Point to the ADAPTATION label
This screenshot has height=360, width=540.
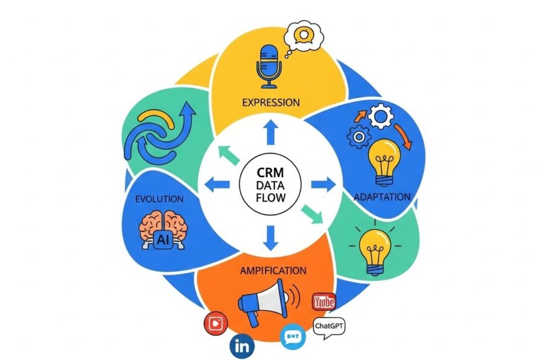coord(382,197)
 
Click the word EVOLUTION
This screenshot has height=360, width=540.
coord(158,200)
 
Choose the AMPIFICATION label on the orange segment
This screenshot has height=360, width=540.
coord(273,270)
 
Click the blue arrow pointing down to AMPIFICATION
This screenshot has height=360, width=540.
coord(270,237)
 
